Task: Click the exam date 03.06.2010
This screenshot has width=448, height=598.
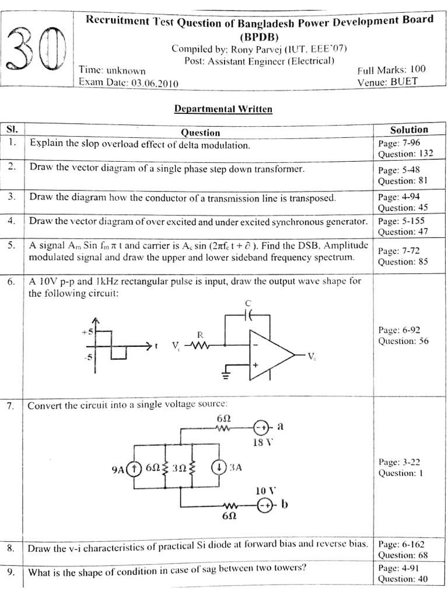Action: pyautogui.click(x=155, y=83)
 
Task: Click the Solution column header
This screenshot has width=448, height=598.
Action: pyautogui.click(x=409, y=130)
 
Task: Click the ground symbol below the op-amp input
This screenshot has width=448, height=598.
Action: pyautogui.click(x=226, y=374)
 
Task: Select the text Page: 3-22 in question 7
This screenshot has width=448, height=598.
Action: pyautogui.click(x=399, y=462)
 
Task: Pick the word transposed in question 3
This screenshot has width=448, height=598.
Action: pyautogui.click(x=315, y=197)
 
